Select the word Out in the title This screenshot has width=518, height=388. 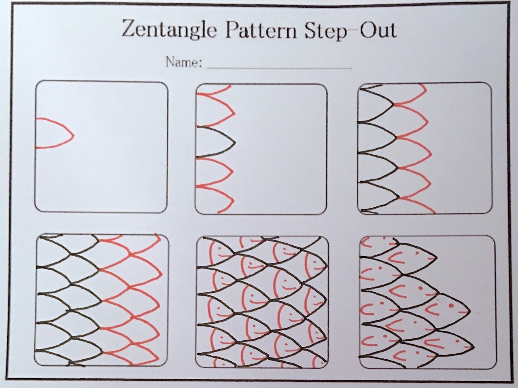pos(378,30)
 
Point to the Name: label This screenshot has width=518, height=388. pos(183,63)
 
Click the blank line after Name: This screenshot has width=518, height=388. pos(279,67)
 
